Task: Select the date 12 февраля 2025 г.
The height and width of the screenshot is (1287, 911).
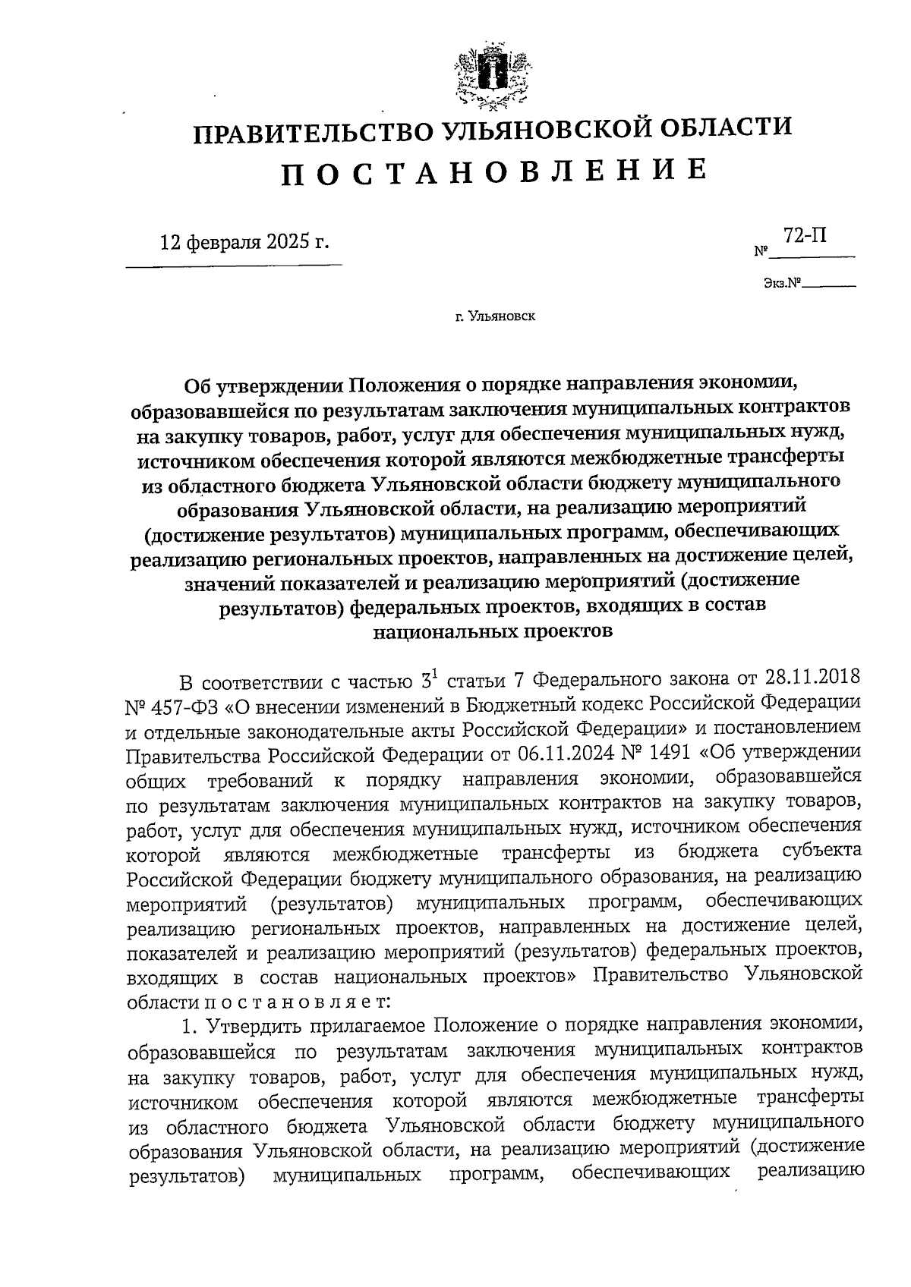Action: pyautogui.click(x=244, y=243)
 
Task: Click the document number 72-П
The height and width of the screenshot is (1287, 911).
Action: pyautogui.click(x=805, y=236)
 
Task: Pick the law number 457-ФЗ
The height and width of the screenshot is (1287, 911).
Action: pyautogui.click(x=183, y=703)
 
